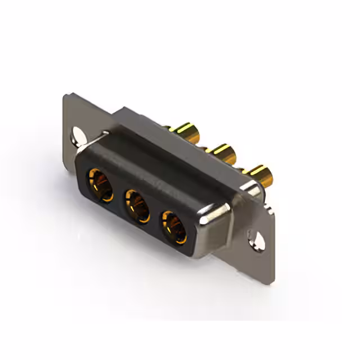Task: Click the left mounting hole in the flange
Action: [76, 135]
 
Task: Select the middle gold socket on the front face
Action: [136, 201]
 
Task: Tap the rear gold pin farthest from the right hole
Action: [189, 133]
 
